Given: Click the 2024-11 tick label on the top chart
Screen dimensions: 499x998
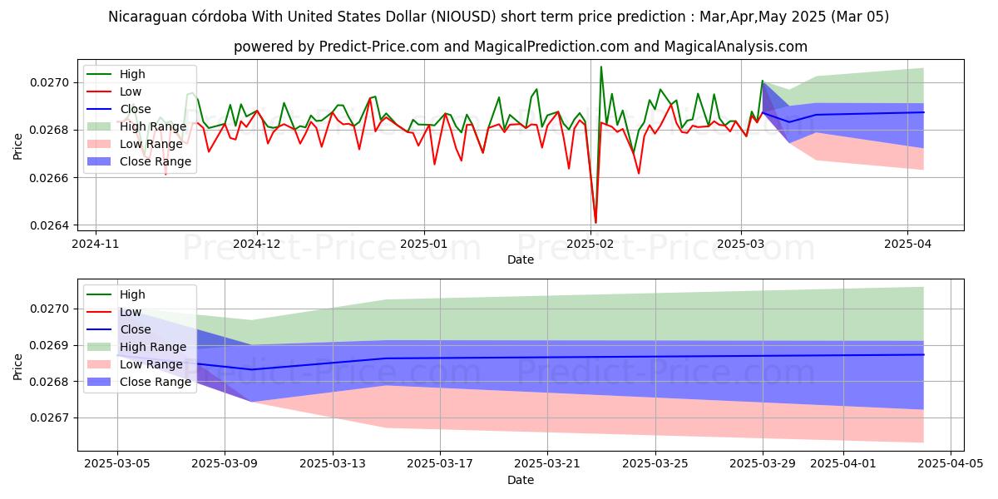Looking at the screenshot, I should coord(96,245).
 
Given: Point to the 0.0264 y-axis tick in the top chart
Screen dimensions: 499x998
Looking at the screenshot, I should coord(52,225).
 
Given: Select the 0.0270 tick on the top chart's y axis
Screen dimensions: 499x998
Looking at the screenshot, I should coord(52,82).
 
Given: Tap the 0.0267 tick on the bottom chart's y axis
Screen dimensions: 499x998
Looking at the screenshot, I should coord(52,417).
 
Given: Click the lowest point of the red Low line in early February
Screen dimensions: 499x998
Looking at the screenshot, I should coord(595,223).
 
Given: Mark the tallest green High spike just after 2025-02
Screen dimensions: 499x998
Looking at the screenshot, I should coord(601,67).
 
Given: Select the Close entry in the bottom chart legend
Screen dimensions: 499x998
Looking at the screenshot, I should coord(136,329).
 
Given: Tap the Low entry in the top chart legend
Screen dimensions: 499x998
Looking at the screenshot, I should coord(131,91).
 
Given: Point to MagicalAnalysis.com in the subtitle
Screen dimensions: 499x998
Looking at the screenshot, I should coord(724,47).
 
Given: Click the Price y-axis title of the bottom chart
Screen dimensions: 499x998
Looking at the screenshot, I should coord(17,365).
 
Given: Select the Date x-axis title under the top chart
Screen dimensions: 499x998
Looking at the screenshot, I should coord(521,259).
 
